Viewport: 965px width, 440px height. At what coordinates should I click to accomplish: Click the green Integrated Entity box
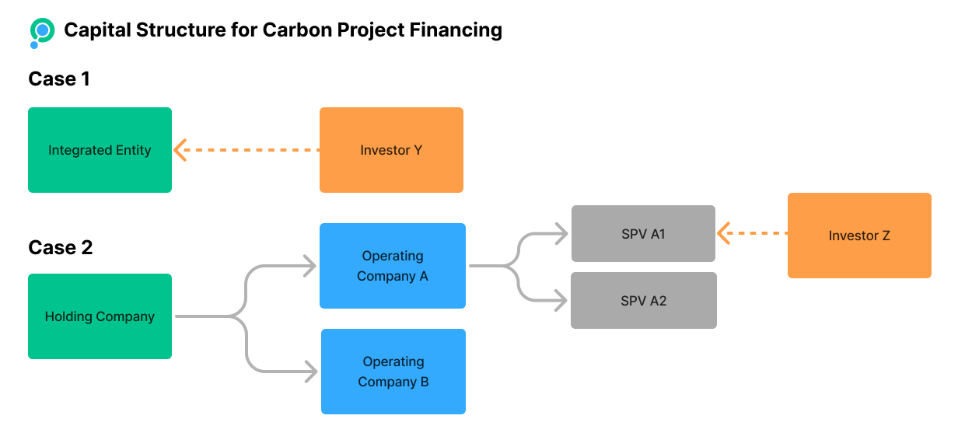tap(100, 150)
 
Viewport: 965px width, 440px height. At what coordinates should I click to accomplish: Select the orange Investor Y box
tap(391, 150)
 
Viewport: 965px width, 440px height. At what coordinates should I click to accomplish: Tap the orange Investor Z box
tap(859, 236)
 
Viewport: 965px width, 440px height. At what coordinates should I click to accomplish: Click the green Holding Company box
tap(100, 316)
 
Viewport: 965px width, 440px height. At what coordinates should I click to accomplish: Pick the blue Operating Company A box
tap(393, 266)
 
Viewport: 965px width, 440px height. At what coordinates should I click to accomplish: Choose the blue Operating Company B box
tap(393, 372)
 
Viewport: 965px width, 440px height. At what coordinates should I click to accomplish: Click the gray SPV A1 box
tap(643, 233)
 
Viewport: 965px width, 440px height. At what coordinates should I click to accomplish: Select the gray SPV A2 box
tap(644, 300)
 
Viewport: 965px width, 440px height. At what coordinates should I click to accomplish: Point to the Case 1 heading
tap(59, 79)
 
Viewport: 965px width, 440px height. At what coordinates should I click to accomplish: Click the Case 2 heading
tap(61, 247)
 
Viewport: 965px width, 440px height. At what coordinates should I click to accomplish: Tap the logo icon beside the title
tap(42, 32)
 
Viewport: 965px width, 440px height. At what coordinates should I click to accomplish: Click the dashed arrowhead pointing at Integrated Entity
tap(180, 150)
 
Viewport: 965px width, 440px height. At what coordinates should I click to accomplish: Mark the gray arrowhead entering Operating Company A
tap(309, 266)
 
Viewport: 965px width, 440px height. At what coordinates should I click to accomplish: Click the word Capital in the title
tap(96, 30)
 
